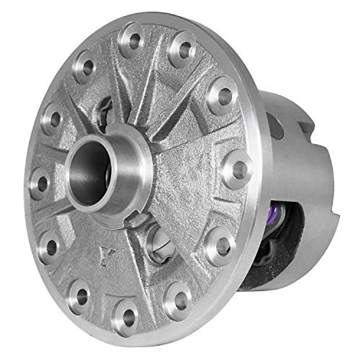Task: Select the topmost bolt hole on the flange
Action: pos(134,39)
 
